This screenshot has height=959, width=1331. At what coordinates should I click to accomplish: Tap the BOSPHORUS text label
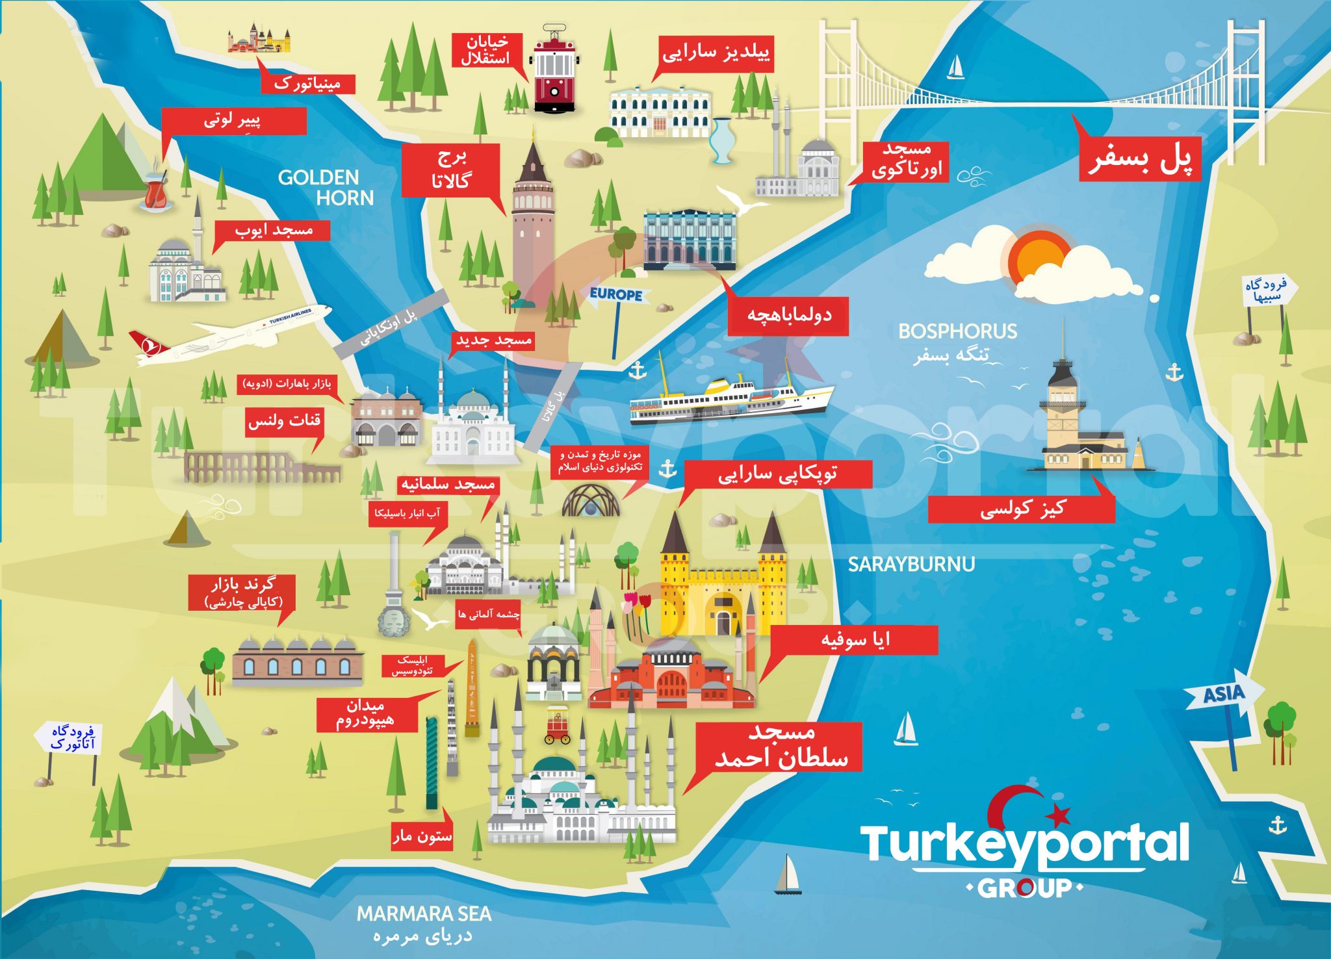pyautogui.click(x=957, y=331)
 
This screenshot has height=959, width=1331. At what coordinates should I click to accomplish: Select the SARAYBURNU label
pyautogui.click(x=911, y=564)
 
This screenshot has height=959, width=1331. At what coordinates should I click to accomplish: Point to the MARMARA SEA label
pyautogui.click(x=424, y=914)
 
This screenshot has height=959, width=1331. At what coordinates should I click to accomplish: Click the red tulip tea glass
pyautogui.click(x=156, y=191)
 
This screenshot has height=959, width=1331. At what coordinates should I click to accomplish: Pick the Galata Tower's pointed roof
pyautogui.click(x=532, y=162)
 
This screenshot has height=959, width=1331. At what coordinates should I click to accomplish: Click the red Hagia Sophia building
pyautogui.click(x=671, y=679)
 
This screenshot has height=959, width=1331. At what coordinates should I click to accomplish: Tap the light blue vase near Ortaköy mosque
pyautogui.click(x=721, y=140)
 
